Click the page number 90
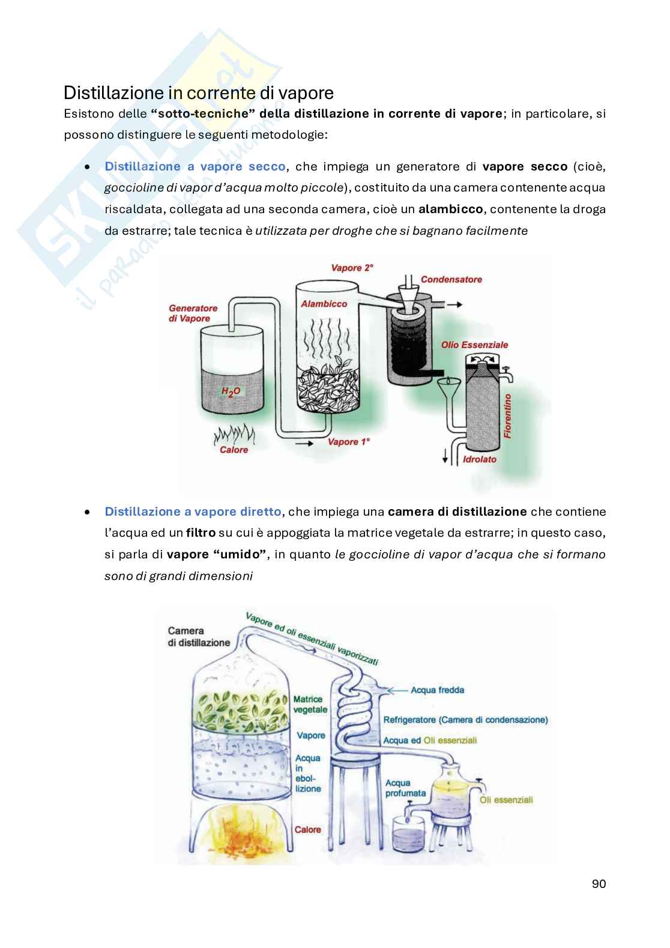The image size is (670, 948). (x=598, y=884)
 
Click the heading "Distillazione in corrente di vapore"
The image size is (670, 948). (x=198, y=94)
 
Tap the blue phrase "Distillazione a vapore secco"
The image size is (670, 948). (x=195, y=166)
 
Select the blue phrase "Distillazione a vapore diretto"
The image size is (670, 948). (x=193, y=512)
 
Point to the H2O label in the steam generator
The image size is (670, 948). (x=231, y=391)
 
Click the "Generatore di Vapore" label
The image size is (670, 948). (x=193, y=313)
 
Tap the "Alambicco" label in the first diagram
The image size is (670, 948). (x=324, y=304)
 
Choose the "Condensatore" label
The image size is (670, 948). (x=451, y=279)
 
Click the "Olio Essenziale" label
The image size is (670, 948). (x=474, y=345)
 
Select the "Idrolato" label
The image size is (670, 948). (x=480, y=459)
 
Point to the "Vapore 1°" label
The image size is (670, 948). (x=348, y=442)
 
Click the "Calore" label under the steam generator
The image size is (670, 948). (x=234, y=450)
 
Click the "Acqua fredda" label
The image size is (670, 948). (x=437, y=690)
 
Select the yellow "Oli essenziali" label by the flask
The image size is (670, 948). (x=506, y=800)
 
